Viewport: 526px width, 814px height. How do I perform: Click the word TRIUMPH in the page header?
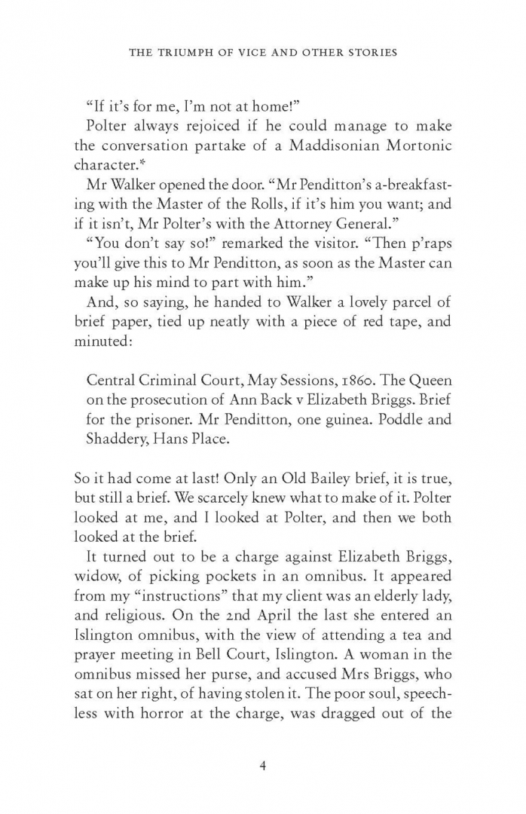184,53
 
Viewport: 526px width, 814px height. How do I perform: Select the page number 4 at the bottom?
263,767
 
